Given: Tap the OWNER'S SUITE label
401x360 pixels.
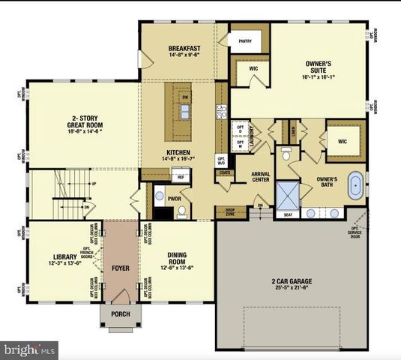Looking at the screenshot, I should click(324, 67).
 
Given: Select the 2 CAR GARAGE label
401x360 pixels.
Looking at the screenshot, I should click(292, 283).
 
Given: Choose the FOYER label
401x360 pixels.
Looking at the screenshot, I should click(120, 267).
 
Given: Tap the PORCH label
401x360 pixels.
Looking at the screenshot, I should click(120, 313).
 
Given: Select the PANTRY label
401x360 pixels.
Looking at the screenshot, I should click(244, 41).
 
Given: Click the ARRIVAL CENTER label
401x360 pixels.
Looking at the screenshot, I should click(260, 177).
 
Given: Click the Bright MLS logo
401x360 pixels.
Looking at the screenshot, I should click(30, 349).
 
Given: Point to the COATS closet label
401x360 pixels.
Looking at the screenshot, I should click(224, 172).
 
